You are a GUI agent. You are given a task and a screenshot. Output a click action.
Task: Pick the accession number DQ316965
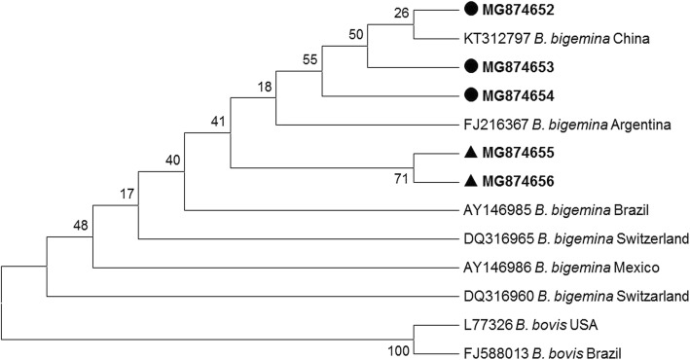tap(491, 237)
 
